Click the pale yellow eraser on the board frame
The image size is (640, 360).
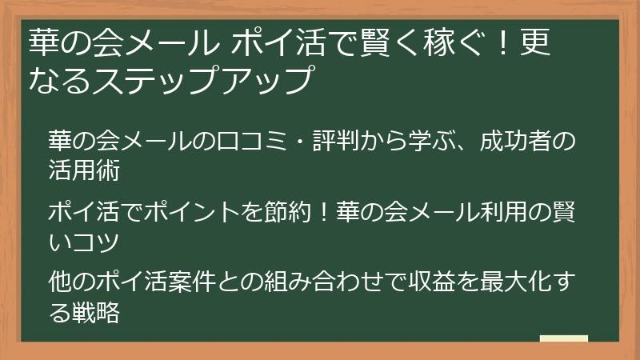coord(563,338)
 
